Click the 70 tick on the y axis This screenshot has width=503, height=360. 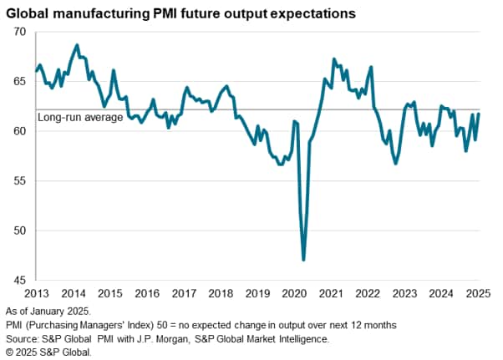[x=20, y=32]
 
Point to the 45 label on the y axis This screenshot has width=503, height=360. [x=20, y=280]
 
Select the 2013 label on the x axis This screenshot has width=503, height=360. [x=36, y=293]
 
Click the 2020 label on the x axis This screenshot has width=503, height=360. [x=294, y=293]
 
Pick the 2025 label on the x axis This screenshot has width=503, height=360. [x=478, y=293]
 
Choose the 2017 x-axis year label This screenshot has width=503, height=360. [x=183, y=293]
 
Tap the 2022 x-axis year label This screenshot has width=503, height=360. [x=368, y=293]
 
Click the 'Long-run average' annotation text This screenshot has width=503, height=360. [x=80, y=118]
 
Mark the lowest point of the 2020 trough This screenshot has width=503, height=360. [x=303, y=260]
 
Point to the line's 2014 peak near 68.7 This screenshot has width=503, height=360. [x=77, y=45]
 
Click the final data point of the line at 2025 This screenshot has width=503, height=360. [x=479, y=114]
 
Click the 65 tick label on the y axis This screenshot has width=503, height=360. [x=20, y=82]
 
